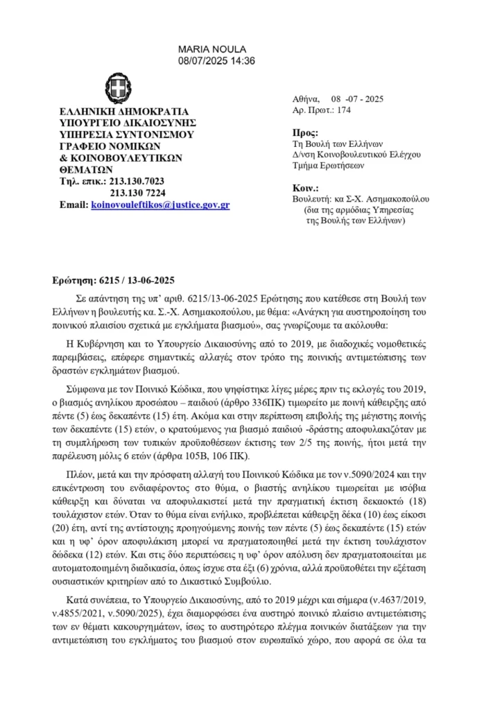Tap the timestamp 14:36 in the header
click(x=243, y=60)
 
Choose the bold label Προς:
click(x=306, y=132)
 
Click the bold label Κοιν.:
click(x=306, y=188)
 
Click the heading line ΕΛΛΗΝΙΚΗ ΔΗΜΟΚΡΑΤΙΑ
click(x=124, y=111)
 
